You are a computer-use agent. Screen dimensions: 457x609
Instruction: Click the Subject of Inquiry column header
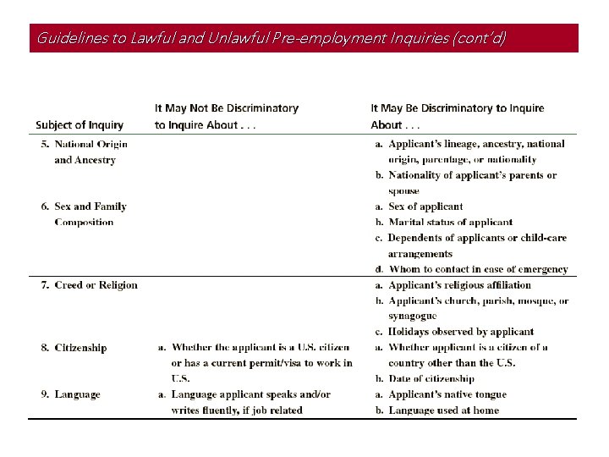pos(80,125)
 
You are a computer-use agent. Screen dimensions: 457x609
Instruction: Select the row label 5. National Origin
pos(85,144)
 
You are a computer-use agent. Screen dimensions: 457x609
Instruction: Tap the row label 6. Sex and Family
pos(85,206)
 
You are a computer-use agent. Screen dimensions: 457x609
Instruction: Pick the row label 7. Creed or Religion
pos(90,285)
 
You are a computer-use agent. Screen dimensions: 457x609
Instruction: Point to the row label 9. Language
pos(71,394)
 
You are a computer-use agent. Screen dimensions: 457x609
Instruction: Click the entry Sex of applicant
pos(425,206)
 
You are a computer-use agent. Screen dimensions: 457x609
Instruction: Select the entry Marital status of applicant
pos(450,223)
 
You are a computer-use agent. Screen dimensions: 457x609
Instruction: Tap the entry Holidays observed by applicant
pos(460,332)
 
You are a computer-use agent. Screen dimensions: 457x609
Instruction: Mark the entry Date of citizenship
pos(431,379)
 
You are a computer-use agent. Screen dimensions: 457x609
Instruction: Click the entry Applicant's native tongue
pos(447,394)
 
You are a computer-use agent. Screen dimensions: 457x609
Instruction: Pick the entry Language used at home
pos(443,410)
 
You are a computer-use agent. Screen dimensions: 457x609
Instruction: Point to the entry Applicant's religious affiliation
pos(459,285)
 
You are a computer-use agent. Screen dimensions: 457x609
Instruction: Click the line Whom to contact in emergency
pos(478,269)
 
